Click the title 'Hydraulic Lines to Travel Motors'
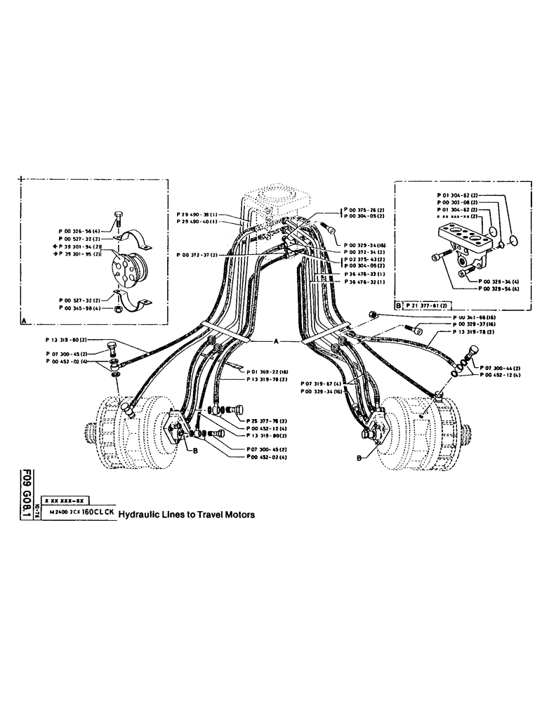186,514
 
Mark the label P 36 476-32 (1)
366,282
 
